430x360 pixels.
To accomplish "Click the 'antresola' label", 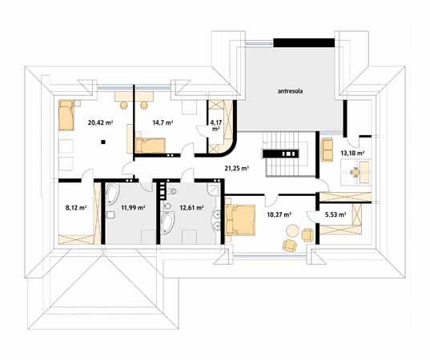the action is point(290,91).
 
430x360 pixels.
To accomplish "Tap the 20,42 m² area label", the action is point(101,122).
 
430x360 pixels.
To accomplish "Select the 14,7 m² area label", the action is point(163,122).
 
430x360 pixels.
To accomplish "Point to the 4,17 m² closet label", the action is point(216,126).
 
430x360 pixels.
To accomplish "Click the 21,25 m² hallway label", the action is point(237,169).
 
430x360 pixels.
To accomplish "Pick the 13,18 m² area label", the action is point(352,153).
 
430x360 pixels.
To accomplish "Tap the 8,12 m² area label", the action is point(76,208).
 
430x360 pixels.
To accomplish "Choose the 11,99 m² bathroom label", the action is point(133,208).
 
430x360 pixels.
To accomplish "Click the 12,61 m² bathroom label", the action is point(191,208).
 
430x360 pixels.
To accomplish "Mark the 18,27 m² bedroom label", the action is point(279,214).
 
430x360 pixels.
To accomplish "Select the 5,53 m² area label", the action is point(336,214).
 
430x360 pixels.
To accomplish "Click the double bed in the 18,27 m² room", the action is point(240,220).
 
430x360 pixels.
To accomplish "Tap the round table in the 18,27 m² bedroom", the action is point(292,231).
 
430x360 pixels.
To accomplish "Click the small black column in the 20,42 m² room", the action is point(102,142).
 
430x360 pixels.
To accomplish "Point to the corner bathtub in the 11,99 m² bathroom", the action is point(112,194).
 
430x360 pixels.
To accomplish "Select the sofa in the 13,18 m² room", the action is point(327,150).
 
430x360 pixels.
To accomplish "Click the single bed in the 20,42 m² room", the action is point(66,115).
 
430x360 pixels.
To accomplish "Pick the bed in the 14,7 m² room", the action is point(151,146).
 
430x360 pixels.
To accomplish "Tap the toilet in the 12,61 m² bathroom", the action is point(172,191).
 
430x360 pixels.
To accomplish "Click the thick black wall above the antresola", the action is point(303,42).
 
